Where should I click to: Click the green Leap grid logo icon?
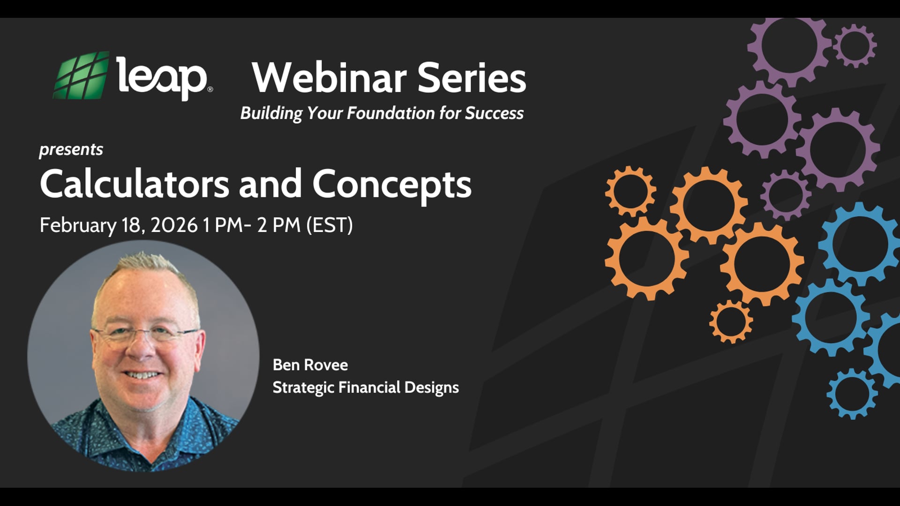(82, 75)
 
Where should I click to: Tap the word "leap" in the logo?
(162, 78)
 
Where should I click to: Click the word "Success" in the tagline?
(494, 113)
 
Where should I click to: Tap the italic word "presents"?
(71, 150)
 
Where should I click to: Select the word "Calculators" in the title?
(135, 184)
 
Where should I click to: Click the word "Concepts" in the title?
(392, 185)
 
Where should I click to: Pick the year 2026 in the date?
(174, 225)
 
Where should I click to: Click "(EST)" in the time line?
(329, 225)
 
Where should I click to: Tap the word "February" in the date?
(78, 225)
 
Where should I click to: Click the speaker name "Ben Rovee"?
(310, 365)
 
